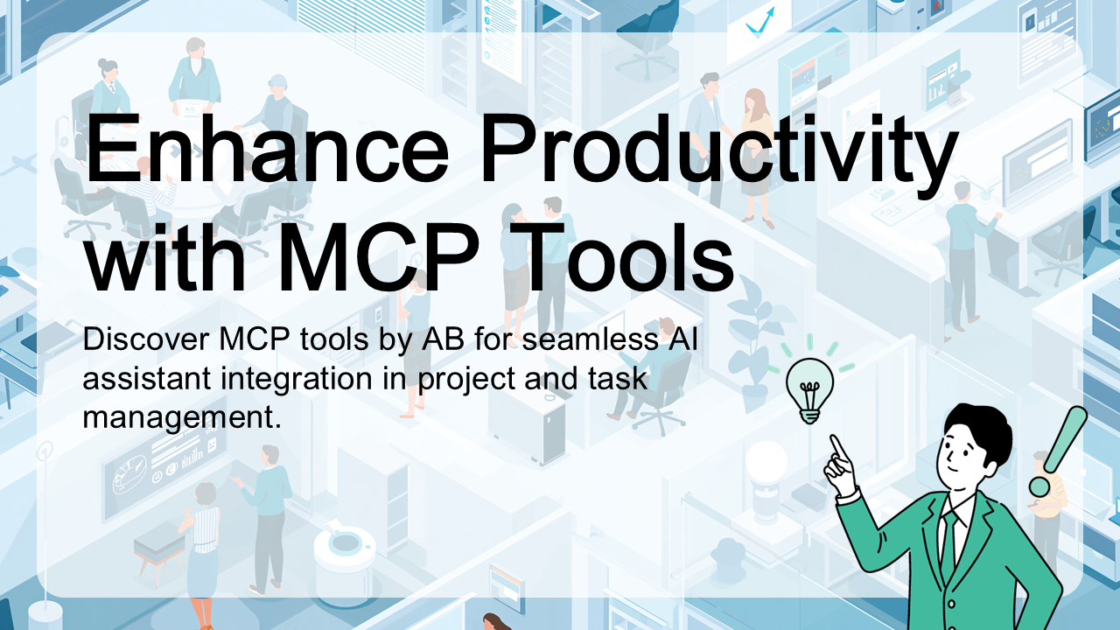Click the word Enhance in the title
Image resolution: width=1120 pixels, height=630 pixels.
[268, 149]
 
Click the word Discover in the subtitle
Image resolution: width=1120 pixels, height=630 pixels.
[146, 339]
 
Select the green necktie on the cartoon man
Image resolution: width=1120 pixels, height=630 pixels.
[949, 545]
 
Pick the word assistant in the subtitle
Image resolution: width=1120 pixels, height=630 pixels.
[146, 380]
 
